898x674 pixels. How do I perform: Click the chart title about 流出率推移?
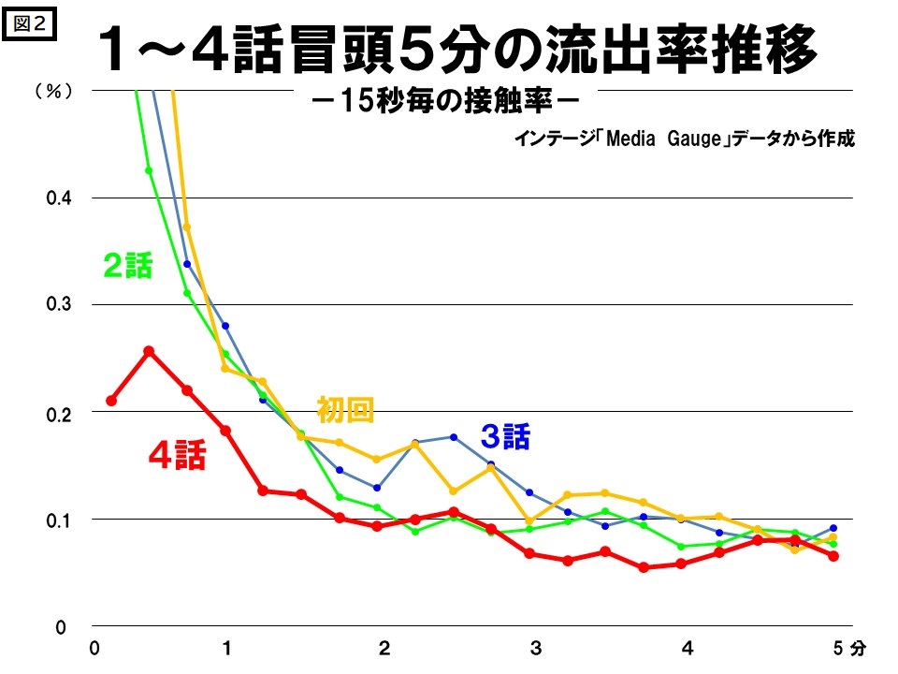(458, 52)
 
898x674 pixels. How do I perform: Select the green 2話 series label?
(127, 267)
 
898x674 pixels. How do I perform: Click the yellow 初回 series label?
(345, 409)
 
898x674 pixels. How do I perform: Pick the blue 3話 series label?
(505, 435)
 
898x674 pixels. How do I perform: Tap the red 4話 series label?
(177, 456)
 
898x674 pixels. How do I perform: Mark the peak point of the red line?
(149, 351)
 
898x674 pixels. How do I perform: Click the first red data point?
(111, 401)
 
